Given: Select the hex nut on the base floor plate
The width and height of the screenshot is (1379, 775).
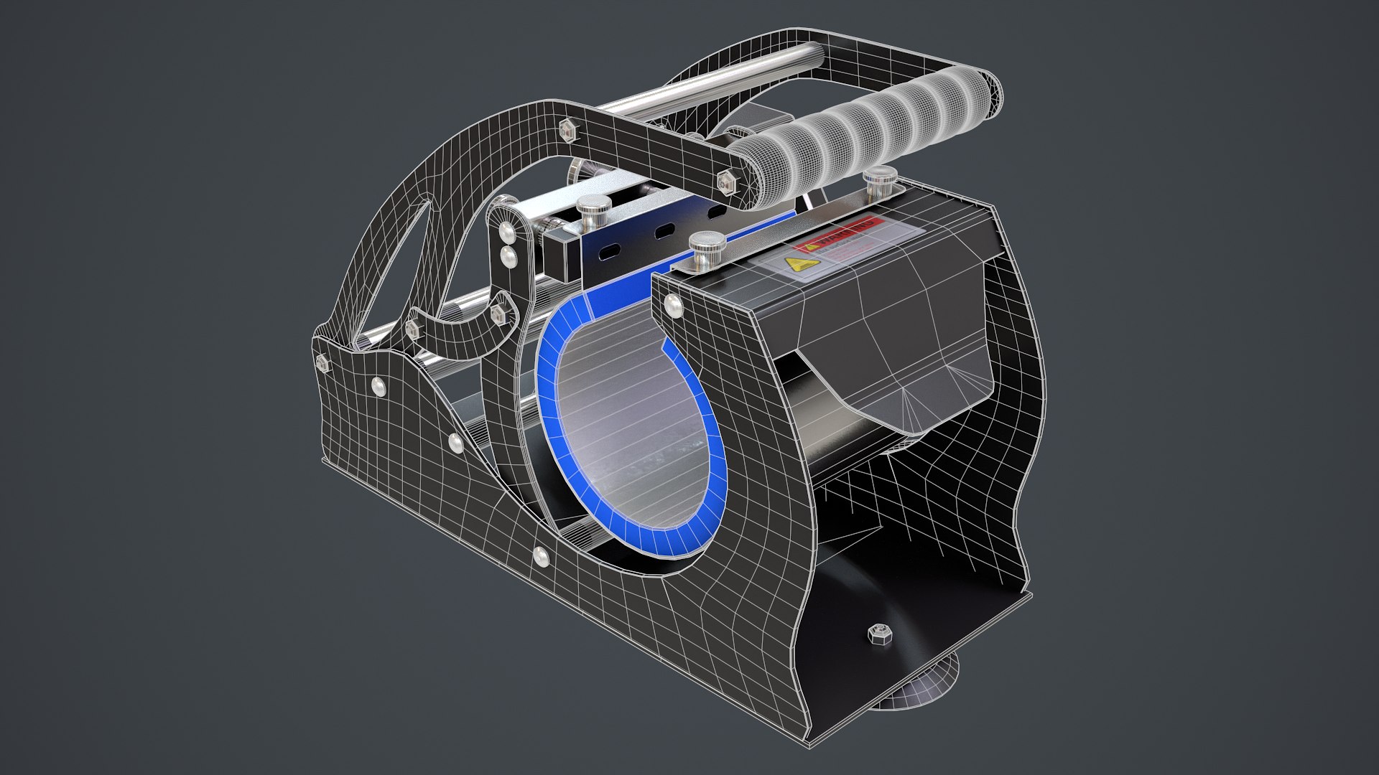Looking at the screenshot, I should (x=877, y=634).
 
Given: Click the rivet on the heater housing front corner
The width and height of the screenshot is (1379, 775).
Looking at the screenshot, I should (x=673, y=304).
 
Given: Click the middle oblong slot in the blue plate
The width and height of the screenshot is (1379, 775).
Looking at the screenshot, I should (x=665, y=231).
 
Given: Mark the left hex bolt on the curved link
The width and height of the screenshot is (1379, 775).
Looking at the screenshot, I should (x=412, y=329).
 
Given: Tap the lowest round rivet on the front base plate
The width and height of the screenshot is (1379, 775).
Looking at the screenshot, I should (x=540, y=554).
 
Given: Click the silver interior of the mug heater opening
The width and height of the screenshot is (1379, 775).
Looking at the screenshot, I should (x=625, y=431).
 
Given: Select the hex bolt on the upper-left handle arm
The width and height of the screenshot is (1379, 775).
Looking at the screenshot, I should (x=566, y=128).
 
